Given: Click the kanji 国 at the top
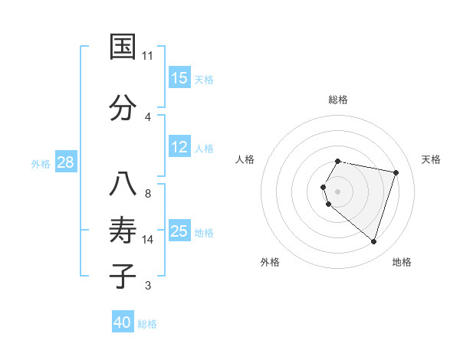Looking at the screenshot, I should coord(123,47).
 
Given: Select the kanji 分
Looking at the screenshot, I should coord(123,107).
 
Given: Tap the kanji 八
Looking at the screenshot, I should coord(123,185).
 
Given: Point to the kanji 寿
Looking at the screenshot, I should coord(123,231).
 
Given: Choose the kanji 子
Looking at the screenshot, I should coord(123,276).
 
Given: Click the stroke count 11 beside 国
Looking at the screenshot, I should coord(148,56).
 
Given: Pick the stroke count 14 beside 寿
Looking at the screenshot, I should coord(148,240).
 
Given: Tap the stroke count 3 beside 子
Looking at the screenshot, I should coord(148,286).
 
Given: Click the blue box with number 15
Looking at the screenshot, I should coord(179,78).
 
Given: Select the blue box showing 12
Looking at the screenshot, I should coord(179,147).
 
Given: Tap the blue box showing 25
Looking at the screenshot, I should coord(179,231).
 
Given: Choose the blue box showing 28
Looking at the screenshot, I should coord(65,162).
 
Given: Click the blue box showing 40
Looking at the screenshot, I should coord(123,322).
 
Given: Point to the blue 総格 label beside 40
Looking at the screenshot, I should coord(147,324).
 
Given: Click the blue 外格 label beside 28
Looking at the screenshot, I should coord(40,163).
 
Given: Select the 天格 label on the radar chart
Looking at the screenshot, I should coord(432,159).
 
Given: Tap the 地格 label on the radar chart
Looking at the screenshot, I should coord(402,263).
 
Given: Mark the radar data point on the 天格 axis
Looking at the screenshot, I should coord(396,172).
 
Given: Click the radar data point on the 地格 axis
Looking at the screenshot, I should coord(373,242).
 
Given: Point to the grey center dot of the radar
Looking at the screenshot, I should coord(337,191).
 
